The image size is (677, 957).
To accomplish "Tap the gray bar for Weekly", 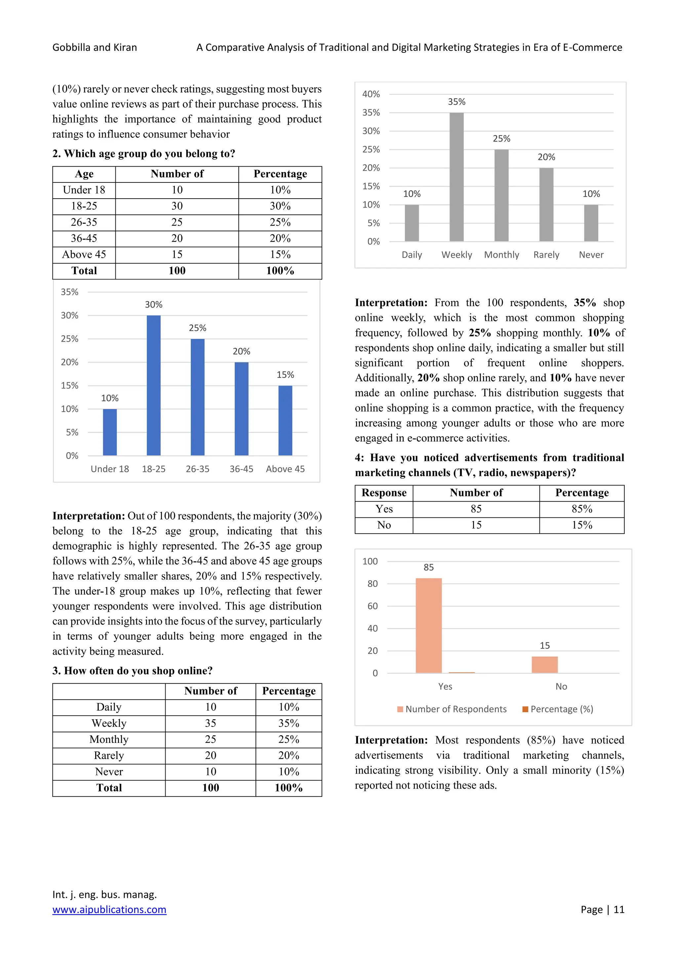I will tap(457, 177).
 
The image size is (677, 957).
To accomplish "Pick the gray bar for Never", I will tap(591, 223).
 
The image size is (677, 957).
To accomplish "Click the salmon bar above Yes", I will tap(428, 625).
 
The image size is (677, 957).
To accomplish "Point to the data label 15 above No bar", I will tap(544, 645).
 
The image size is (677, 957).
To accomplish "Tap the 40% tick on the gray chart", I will tap(371, 94).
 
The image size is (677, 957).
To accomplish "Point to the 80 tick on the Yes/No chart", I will tap(372, 584).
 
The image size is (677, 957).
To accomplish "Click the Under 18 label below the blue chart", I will tap(110, 469).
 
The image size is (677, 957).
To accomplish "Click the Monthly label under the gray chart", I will tap(501, 255).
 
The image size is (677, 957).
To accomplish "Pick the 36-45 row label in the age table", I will tap(84, 238).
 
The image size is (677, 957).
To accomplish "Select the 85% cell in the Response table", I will tap(581, 509).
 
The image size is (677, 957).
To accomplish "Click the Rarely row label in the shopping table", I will tap(109, 755).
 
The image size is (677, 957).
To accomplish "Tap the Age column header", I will tap(84, 174).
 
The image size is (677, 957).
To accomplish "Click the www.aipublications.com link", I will tap(109, 909).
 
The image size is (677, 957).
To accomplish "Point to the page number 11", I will tap(618, 909).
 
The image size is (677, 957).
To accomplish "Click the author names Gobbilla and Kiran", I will tap(95, 48).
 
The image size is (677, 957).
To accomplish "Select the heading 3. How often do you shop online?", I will tap(132, 670).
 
